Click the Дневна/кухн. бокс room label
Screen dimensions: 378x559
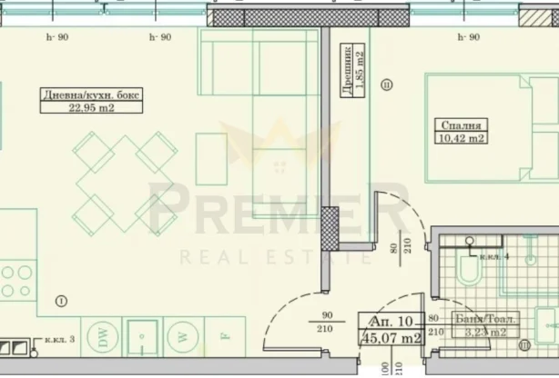78,94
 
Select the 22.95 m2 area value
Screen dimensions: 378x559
77,107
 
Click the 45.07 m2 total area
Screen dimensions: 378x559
392,340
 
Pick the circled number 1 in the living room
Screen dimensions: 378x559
60,301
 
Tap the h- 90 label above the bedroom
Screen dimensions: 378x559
467,37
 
